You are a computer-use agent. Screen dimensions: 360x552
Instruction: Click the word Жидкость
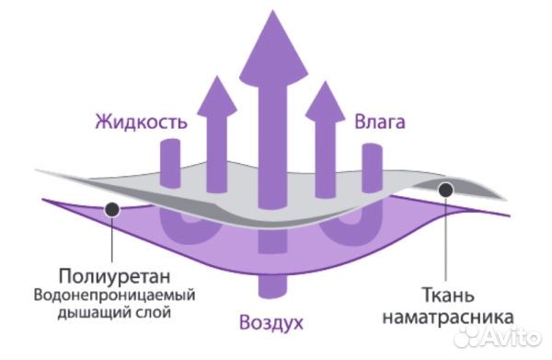coord(142,122)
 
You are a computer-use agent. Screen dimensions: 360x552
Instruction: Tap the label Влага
coord(381,122)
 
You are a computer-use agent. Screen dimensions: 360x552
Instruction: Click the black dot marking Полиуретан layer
coord(111,209)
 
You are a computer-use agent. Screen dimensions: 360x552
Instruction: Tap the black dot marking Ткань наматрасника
coord(446,191)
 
